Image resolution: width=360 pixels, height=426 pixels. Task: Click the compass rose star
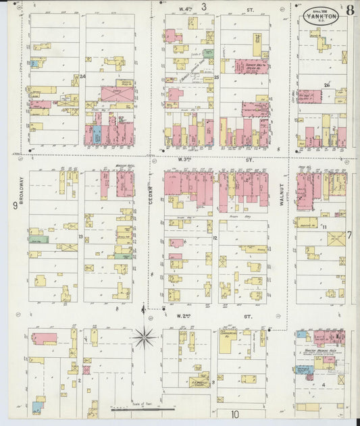(x=144, y=337)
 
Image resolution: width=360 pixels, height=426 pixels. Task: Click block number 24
(x=83, y=77)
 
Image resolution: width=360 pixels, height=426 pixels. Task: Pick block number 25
(x=216, y=78)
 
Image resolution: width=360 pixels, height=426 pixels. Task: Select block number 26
(x=326, y=85)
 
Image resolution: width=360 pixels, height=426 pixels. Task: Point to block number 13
(x=80, y=237)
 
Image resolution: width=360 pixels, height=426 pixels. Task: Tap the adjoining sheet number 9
(x=15, y=205)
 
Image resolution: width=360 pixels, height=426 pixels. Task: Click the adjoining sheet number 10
(x=235, y=415)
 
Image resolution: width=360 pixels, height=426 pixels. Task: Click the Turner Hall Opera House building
(x=251, y=66)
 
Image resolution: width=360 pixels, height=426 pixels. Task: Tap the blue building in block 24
(x=97, y=134)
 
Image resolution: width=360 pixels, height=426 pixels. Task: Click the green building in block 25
(x=209, y=53)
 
